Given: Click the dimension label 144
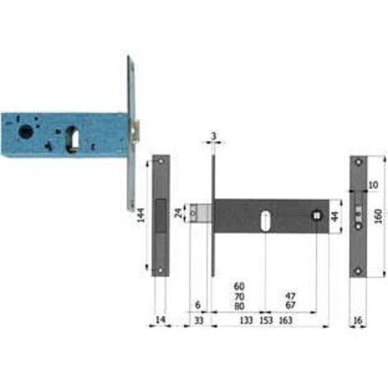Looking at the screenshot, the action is click(x=140, y=215).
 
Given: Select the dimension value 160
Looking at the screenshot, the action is click(x=378, y=216).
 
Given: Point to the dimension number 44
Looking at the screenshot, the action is click(x=334, y=216).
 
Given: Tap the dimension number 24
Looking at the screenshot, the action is click(x=178, y=213).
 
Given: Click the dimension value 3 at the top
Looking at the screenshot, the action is click(x=214, y=136).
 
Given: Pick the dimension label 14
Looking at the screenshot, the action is click(x=160, y=319).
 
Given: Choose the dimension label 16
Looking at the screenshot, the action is click(x=357, y=320).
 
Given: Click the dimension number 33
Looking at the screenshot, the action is click(x=199, y=320).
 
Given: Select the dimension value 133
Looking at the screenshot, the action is click(x=246, y=320).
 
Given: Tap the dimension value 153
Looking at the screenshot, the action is click(x=266, y=320).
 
